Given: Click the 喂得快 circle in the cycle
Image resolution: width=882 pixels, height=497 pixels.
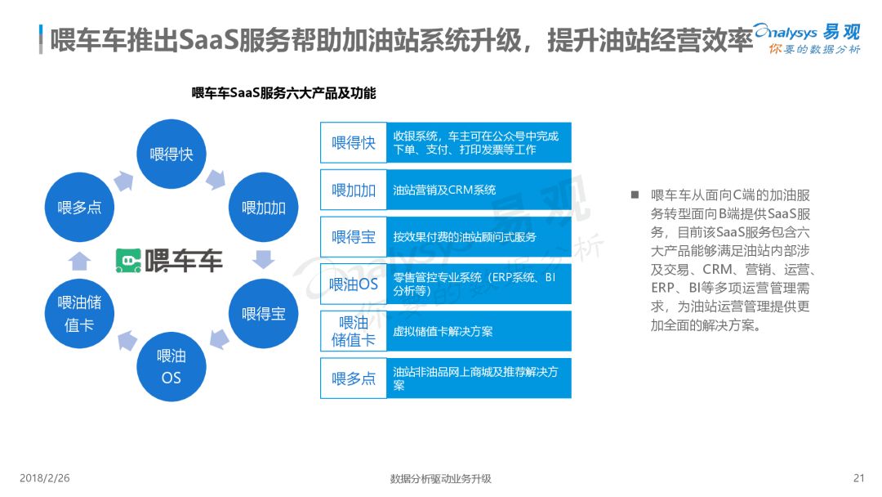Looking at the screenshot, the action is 171,154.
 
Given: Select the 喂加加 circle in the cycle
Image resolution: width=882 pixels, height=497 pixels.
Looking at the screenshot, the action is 264,208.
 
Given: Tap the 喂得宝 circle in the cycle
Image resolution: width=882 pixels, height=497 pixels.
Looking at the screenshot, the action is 264,313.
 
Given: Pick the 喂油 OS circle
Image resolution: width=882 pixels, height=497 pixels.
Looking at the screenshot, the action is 171,366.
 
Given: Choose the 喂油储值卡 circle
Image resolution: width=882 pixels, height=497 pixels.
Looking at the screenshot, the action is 79,313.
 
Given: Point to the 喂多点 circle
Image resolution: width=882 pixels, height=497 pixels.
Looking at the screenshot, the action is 79,208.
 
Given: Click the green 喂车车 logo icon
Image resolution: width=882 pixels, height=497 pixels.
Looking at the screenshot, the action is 128,261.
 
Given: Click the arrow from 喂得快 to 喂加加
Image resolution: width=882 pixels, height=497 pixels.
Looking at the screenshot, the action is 217,177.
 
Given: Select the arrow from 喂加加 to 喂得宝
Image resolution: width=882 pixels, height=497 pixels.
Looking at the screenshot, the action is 264,260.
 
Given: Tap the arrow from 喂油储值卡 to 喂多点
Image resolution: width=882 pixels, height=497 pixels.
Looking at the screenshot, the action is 79,260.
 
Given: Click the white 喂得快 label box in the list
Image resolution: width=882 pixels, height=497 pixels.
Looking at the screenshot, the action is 354,143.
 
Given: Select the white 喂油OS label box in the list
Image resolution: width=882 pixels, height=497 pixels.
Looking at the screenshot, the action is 354,284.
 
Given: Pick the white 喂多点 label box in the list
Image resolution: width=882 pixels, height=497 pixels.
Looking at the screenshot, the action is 354,378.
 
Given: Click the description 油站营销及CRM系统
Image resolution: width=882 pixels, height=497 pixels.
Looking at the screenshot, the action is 444,190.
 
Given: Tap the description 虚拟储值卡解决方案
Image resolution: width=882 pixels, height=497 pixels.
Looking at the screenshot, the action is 443,331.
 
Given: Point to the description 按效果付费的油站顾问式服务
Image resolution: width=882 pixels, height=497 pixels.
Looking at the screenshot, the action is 465,237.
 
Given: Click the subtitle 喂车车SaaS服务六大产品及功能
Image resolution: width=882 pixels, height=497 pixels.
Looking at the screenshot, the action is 283,93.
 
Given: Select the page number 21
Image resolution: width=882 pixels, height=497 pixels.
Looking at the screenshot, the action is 857,478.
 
